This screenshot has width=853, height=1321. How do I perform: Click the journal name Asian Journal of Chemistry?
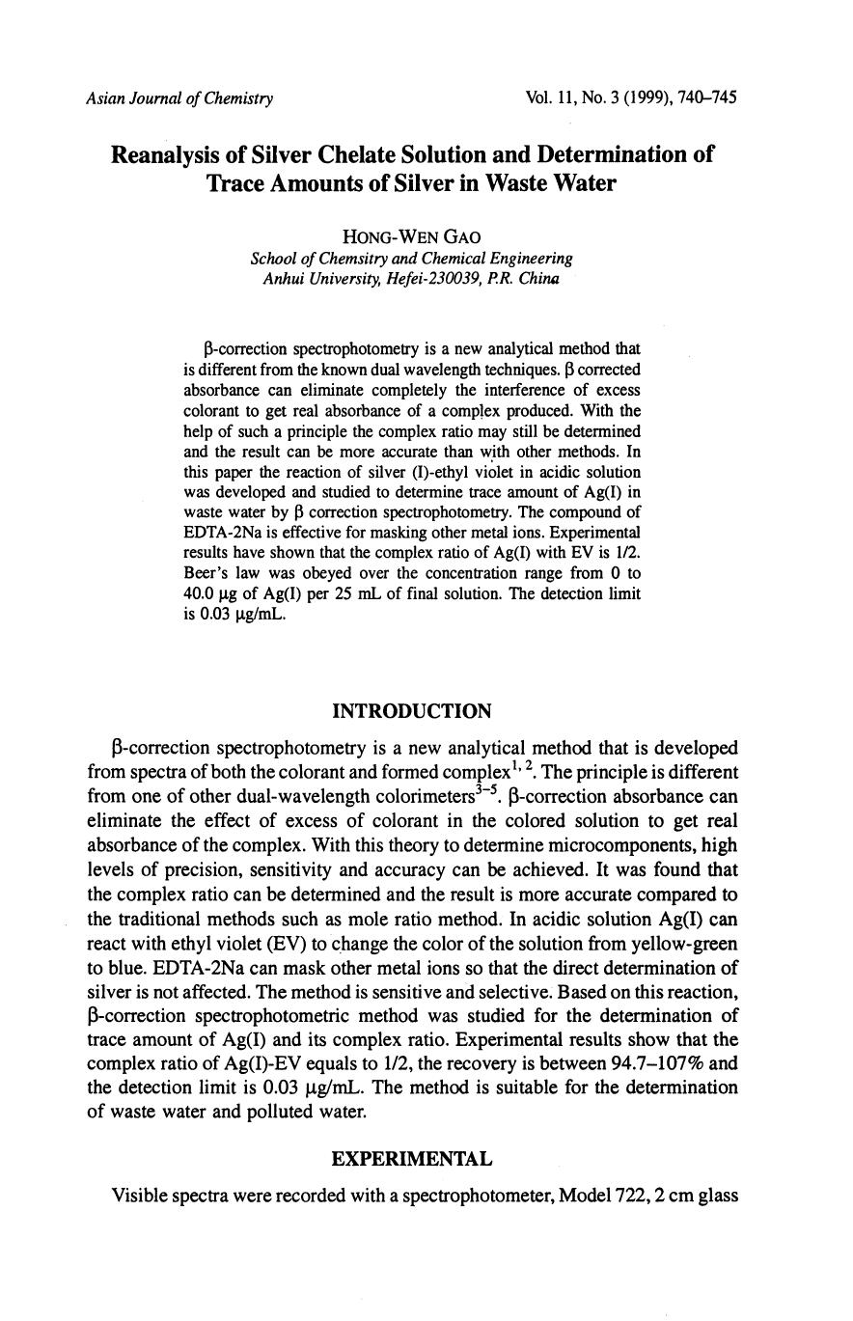click(179, 98)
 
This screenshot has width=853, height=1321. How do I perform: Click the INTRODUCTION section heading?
click(411, 711)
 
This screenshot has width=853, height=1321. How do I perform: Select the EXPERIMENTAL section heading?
click(411, 1158)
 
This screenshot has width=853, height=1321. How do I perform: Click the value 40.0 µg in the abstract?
click(209, 594)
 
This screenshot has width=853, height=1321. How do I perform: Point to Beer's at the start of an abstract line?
click(205, 574)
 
